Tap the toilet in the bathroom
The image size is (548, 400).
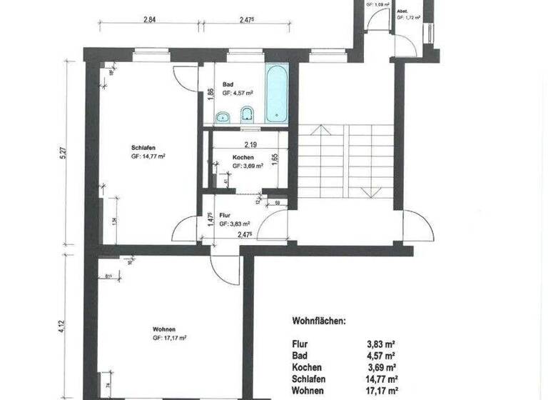[248, 114]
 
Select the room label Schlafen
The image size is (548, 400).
[143, 148]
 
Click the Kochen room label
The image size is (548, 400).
[244, 157]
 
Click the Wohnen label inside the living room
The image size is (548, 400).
[164, 329]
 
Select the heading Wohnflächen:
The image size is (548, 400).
[319, 321]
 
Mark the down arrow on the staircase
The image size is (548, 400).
[369, 191]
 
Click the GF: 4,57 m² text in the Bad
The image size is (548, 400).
[236, 94]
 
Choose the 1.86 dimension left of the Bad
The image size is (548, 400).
[210, 93]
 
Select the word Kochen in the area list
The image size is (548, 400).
[308, 366]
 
